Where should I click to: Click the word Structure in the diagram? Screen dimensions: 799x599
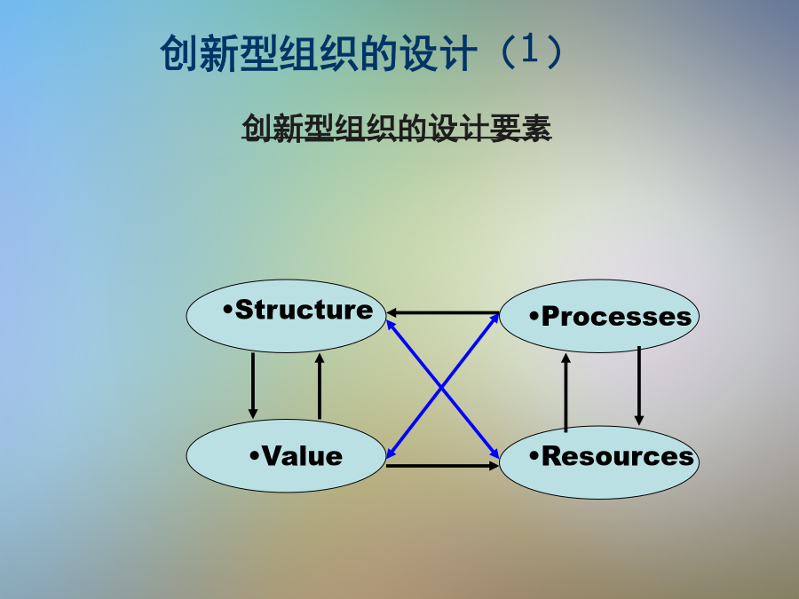305,309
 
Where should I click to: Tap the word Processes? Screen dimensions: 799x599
617,316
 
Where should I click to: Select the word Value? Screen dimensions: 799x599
302,456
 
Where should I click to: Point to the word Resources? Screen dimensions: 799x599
618,456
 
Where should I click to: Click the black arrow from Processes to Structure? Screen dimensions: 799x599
442,312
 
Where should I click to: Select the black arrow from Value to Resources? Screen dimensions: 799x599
442,466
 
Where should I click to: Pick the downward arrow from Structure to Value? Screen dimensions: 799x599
253,386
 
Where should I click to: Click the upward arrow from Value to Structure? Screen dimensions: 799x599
320,386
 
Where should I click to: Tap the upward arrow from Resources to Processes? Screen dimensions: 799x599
566,393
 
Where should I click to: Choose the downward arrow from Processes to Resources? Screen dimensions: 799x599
639,386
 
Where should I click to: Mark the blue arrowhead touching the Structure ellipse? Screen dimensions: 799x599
391,326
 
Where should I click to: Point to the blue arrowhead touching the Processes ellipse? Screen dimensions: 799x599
494,319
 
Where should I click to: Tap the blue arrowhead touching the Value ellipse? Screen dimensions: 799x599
391,453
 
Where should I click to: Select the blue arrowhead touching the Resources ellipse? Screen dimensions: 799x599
494,453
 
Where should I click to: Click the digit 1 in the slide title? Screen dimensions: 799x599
529,50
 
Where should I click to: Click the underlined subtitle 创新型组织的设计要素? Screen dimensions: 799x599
397,128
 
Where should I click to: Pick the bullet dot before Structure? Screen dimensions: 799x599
228,309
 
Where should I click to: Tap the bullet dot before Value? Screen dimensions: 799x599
254,455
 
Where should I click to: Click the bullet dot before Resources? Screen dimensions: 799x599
534,455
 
